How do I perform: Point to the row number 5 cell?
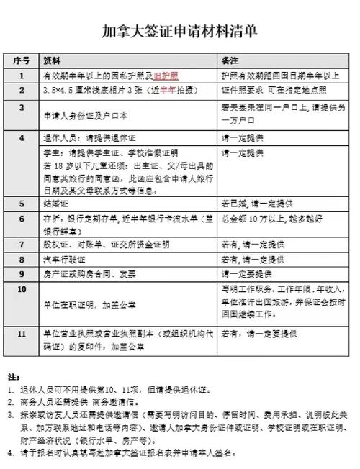22,204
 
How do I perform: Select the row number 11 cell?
22,333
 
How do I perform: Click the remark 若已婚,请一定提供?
255,204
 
